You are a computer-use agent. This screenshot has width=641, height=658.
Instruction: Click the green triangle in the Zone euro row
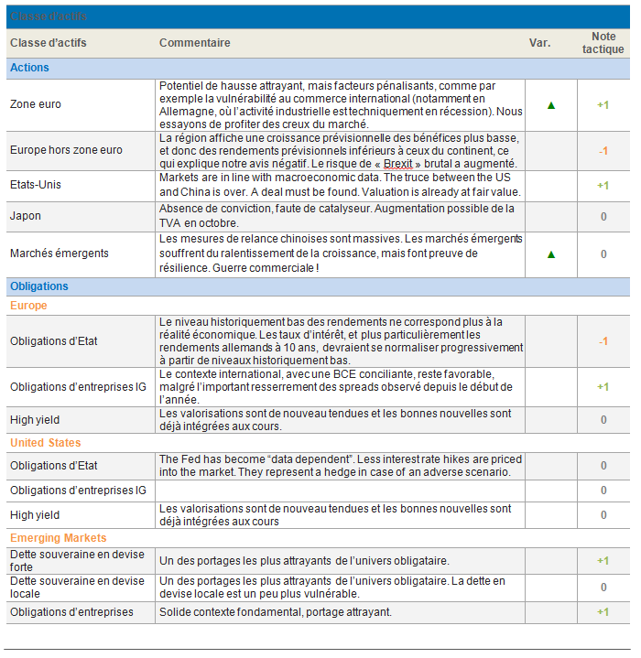pos(551,105)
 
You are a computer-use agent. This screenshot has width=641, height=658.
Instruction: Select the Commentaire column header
pos(194,43)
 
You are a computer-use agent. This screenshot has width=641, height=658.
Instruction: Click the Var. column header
pos(540,43)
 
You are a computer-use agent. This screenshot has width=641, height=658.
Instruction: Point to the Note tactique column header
pos(603,43)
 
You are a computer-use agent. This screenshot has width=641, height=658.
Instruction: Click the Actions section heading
pos(30,68)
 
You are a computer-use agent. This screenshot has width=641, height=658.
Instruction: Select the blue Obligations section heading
pos(39,286)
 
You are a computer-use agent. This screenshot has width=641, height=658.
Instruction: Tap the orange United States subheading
pos(46,443)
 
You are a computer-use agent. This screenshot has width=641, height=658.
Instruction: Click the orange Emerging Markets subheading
pos(59,538)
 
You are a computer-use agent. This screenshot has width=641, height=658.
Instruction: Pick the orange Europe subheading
pos(28,306)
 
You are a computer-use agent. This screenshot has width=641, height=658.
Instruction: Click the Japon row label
pos(27,217)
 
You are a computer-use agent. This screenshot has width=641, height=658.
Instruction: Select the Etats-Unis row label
pos(36,185)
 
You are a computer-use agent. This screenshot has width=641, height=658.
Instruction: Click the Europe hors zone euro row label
pos(66,150)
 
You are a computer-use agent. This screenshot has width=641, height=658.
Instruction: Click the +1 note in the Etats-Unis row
pos(603,186)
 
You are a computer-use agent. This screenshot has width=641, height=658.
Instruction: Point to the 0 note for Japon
pos(603,217)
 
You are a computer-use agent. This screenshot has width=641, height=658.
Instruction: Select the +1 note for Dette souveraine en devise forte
pos(603,561)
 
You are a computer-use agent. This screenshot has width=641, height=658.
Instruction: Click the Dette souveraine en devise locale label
pos(77,587)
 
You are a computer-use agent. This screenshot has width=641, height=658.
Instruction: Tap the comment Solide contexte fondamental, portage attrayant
pos(275,612)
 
